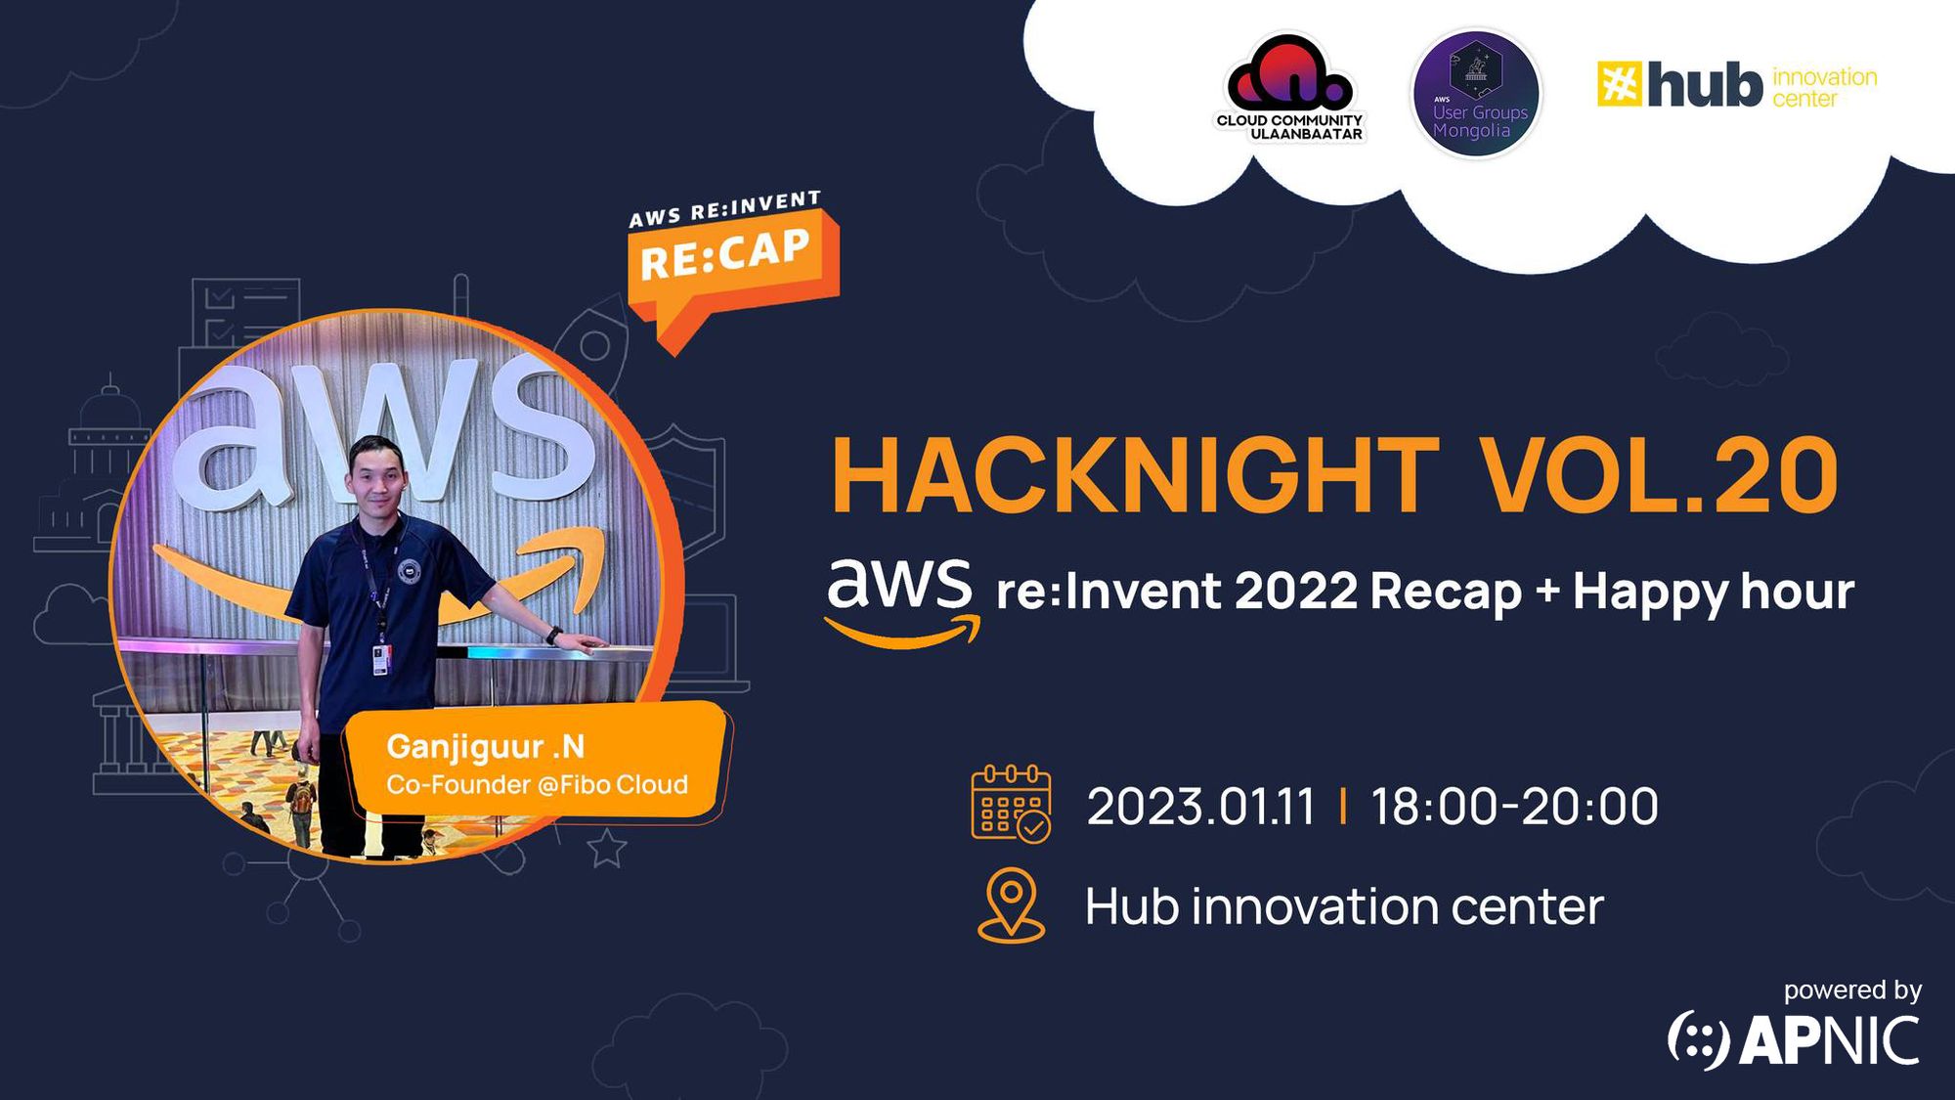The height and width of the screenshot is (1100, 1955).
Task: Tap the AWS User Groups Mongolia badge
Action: (x=1476, y=94)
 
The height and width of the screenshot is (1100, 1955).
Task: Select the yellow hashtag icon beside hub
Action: (x=1619, y=83)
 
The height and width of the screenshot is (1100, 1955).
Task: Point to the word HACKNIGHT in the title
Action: (x=1134, y=476)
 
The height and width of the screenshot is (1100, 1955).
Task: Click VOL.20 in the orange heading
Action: (x=1659, y=476)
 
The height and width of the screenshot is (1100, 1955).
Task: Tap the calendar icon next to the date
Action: (x=1011, y=804)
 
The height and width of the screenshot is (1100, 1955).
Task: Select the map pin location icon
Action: (x=1011, y=903)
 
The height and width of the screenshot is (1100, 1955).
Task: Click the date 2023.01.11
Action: (x=1200, y=808)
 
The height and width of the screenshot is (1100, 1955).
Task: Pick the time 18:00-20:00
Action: (x=1514, y=808)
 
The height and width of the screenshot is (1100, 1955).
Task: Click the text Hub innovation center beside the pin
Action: (x=1344, y=907)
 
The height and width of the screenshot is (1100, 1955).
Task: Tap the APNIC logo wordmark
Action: (x=1794, y=1040)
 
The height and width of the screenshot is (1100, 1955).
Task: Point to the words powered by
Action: (x=1852, y=990)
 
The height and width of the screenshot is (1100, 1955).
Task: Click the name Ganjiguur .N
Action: (x=486, y=747)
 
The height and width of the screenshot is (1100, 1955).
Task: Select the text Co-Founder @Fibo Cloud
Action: (x=537, y=785)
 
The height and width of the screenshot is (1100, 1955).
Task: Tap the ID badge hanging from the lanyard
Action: (x=380, y=658)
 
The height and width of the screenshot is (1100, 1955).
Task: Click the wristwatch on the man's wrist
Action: (x=553, y=636)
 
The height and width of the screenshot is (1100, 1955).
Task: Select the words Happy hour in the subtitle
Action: (x=1713, y=593)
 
